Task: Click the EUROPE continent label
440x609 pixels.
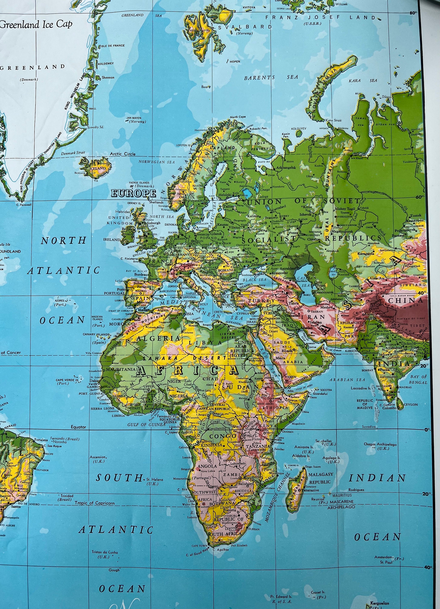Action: click(133, 193)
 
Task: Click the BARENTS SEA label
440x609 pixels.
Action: click(271, 78)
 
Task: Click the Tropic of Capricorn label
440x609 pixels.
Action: click(95, 503)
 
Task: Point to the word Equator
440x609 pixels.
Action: click(78, 427)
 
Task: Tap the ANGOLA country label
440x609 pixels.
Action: click(207, 466)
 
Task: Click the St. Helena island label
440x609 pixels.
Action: click(155, 479)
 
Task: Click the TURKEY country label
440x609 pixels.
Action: click(261, 301)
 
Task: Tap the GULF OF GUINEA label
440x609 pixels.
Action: click(146, 424)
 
